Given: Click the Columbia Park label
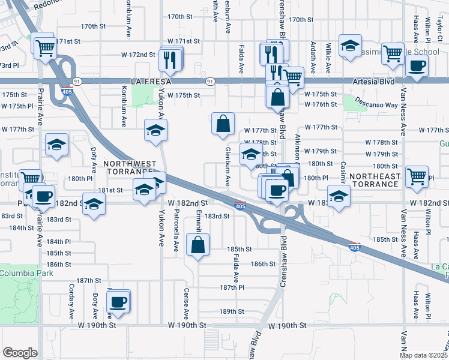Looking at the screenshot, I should [x=26, y=273].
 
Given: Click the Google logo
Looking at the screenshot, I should [x=20, y=353].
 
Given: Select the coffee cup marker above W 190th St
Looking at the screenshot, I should [x=119, y=302].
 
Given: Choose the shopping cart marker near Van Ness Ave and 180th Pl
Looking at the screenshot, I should [x=417, y=176].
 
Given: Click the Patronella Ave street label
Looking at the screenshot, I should [x=176, y=230].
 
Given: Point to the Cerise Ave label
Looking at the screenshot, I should [x=186, y=304].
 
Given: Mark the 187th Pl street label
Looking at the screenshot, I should [x=232, y=287].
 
